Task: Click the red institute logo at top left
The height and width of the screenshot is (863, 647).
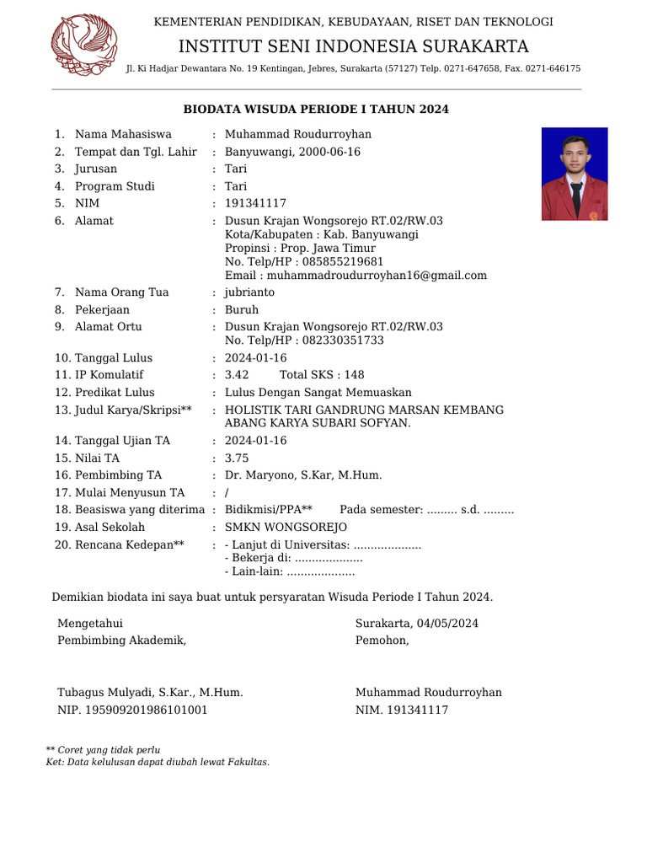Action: point(84,45)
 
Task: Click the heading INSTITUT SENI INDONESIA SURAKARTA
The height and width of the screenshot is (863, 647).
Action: point(353,46)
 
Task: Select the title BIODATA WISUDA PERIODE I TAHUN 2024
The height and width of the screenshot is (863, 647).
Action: point(316,110)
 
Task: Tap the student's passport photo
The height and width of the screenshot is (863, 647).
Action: point(574,174)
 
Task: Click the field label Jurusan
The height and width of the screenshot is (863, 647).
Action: point(96,169)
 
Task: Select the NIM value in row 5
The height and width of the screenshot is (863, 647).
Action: point(255,203)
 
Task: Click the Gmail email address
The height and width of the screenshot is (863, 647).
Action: point(377,276)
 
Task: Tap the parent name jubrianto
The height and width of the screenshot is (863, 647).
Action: point(249,292)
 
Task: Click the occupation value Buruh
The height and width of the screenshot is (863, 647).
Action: point(242,309)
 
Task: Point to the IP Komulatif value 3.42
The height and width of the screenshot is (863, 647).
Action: point(237,374)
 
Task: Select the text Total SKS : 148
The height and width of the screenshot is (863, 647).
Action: point(322,374)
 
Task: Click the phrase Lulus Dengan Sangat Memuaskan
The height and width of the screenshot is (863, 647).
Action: point(318,392)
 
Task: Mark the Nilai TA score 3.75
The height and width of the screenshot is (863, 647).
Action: point(237,458)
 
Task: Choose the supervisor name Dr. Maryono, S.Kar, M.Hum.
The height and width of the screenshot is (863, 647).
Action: point(303,475)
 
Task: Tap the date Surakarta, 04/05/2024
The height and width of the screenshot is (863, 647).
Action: point(417,624)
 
